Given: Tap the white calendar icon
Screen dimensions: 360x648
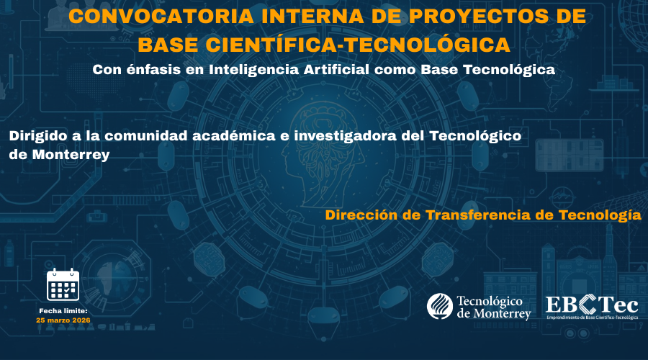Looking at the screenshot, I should (63, 285).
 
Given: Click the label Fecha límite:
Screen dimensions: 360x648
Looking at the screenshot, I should (63, 310).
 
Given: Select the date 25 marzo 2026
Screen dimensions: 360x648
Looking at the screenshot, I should (63, 320).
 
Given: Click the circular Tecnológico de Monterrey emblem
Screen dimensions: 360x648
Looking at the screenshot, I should (439, 306).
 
